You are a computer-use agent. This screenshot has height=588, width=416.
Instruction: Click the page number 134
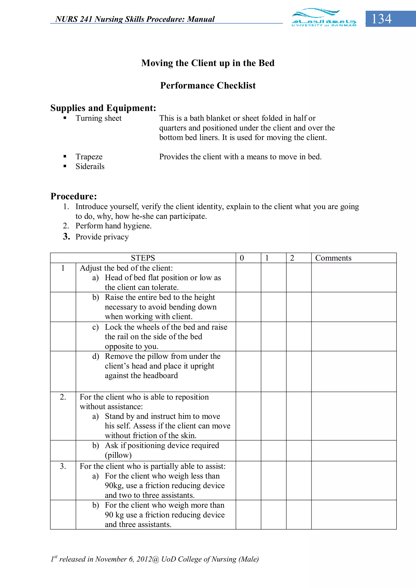[x=381, y=19]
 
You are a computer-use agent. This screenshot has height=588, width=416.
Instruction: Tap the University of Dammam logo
[x=324, y=18]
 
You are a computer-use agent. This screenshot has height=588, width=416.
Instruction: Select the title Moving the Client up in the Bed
[x=208, y=63]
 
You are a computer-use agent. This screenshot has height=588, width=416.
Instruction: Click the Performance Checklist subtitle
[x=208, y=85]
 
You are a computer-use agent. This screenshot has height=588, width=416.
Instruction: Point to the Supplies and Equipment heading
[x=103, y=108]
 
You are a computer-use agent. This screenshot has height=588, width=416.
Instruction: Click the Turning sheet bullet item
[x=99, y=118]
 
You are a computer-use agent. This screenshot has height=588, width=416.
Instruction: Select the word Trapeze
[x=89, y=157]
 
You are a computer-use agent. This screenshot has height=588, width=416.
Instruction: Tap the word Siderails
[x=90, y=166]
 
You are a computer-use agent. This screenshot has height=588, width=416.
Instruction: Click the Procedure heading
[x=74, y=196]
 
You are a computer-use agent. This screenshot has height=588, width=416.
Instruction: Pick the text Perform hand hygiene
[x=113, y=226]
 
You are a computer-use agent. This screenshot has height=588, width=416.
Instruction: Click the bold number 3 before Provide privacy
[x=66, y=236]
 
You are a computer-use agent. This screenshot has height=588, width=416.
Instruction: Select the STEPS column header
[x=143, y=258]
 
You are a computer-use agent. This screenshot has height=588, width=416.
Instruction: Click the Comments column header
[x=333, y=258]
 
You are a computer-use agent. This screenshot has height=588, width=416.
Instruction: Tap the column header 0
[x=242, y=258]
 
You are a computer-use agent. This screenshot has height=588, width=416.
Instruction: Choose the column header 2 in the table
[x=292, y=258]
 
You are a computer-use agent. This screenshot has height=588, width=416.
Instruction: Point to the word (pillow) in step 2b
[x=118, y=455]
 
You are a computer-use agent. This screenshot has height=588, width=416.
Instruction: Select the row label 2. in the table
[x=63, y=397]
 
